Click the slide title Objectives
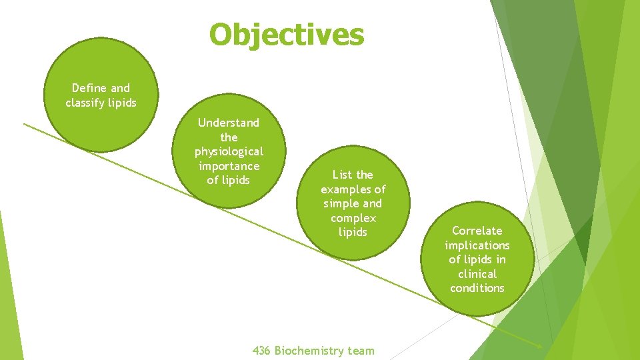click(287, 35)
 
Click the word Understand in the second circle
click(229, 123)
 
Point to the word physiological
click(229, 151)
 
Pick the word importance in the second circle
click(229, 166)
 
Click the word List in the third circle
click(343, 175)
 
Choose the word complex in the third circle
click(353, 218)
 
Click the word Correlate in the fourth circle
click(477, 231)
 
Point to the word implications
click(477, 245)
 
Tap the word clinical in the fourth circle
click(477, 274)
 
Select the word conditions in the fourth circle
click(477, 288)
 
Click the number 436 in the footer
click(261, 351)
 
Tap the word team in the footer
click(361, 351)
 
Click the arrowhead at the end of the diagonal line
click(539, 345)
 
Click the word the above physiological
click(229, 137)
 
